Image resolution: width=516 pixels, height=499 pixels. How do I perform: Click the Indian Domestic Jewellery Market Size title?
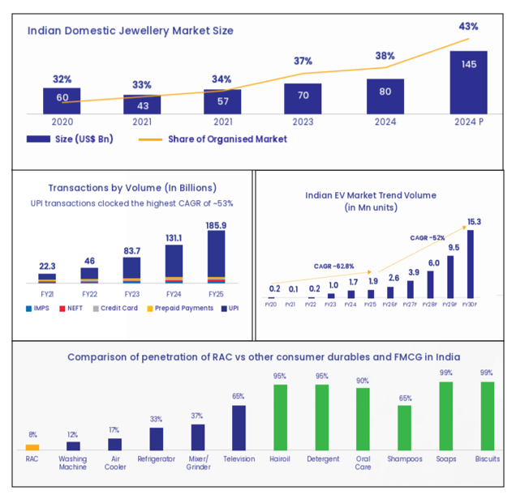click(131, 31)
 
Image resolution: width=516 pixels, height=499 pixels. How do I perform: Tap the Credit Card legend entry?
click(119, 308)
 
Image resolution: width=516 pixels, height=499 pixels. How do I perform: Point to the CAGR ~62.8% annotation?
click(333, 265)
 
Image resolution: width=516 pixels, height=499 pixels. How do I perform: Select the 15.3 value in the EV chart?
click(473, 222)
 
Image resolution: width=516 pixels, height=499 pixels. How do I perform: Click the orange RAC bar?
click(32, 446)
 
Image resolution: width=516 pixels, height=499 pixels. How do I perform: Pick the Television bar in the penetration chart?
click(239, 427)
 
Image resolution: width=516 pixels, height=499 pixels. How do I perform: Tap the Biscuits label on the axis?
click(488, 458)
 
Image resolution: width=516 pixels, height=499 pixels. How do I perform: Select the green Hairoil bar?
click(280, 416)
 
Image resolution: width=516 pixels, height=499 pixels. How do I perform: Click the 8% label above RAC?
click(32, 436)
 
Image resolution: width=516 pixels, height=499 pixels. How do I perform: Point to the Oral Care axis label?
click(363, 463)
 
